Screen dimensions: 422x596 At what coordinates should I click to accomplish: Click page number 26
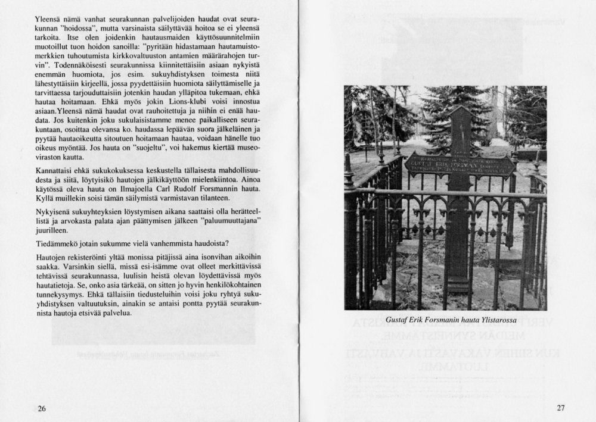[x=41, y=408]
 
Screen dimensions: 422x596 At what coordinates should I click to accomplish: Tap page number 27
[x=560, y=408]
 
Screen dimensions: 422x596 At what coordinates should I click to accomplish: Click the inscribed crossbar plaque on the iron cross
[x=460, y=164]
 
